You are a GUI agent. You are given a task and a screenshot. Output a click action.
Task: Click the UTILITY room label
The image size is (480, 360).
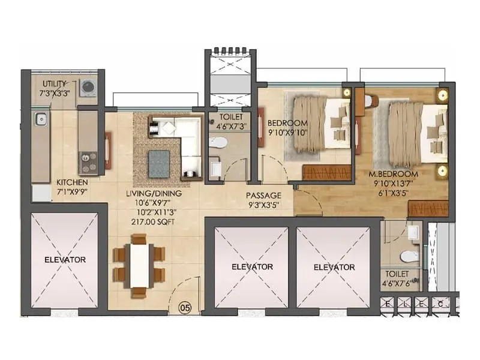[54, 83]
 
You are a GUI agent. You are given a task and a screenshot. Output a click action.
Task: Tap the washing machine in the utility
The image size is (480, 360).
[88, 88]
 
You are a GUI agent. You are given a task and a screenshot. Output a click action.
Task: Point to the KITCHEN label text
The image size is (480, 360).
[72, 182]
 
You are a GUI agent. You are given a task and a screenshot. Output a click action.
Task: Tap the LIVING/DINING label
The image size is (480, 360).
[154, 194]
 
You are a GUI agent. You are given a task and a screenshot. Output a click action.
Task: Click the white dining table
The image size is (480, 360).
[140, 264]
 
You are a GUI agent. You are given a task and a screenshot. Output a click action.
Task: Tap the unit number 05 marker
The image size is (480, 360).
[185, 308]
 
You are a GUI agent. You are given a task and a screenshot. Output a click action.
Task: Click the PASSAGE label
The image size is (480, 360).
[263, 195]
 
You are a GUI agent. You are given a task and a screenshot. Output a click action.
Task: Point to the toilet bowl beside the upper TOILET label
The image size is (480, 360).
[220, 143]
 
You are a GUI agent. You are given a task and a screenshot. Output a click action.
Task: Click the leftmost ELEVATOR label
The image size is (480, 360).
[65, 260]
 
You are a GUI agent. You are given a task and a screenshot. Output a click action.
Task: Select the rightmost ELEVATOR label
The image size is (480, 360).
[334, 267]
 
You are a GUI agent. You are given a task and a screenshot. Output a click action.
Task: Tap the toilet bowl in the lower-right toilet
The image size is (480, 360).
[409, 256]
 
